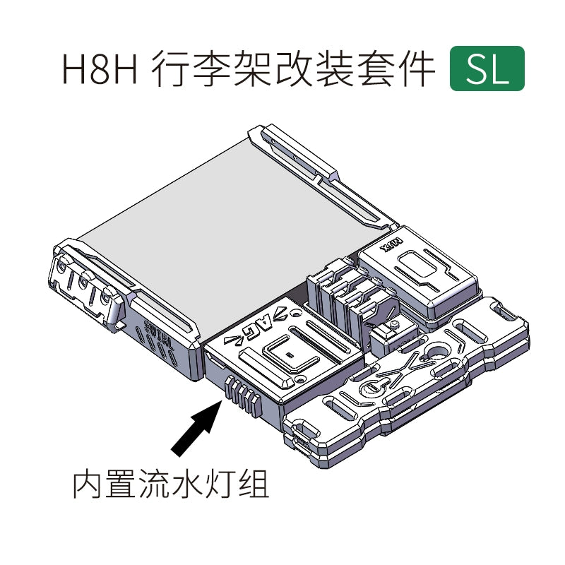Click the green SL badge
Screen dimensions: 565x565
point(487,69)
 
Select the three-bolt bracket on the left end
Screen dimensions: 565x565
point(85,289)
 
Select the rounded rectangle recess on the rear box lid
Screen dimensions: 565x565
point(417,268)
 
